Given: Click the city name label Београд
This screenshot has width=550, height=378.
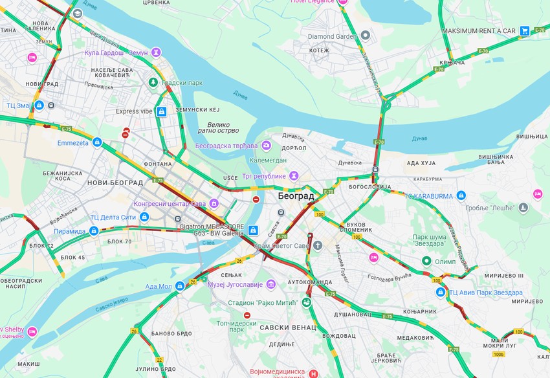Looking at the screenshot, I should tap(296, 195).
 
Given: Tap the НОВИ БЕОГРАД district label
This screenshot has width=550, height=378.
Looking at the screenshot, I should tap(115, 183).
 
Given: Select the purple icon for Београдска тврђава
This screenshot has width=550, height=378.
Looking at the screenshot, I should tap(266, 145).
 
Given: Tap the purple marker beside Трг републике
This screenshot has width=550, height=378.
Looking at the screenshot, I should tap(294, 175).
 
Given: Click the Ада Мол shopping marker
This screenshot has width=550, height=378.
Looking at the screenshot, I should tap(180, 285).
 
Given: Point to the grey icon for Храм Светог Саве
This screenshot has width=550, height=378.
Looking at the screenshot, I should tap(317, 245).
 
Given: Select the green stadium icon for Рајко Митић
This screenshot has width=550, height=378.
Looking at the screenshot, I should tap(306, 302).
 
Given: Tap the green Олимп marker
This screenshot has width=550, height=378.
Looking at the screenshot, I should tap(426, 261).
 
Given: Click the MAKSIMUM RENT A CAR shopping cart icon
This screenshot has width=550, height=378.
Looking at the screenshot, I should tap(525, 30).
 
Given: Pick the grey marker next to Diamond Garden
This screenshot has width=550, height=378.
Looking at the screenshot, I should tap(366, 36).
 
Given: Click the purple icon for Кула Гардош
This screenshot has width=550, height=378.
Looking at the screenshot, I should tap(156, 52).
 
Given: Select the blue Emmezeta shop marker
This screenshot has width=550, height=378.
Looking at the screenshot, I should tap(97, 142).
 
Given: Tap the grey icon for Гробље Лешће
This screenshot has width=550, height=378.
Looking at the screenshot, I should tap(523, 208).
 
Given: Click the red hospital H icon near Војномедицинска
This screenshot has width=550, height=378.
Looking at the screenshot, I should tap(314, 373).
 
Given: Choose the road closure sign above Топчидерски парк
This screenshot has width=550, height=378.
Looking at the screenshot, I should tap(247, 315).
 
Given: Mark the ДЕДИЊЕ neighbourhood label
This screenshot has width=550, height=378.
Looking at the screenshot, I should tap(281, 344).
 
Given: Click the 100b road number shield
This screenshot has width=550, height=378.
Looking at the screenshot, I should tap(498, 354).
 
